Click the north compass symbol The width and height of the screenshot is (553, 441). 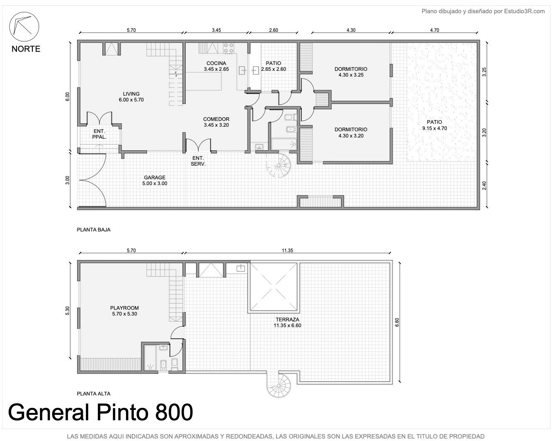point(24,27)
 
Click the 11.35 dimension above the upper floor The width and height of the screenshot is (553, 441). point(287,250)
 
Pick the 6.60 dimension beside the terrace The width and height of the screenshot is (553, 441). point(397,322)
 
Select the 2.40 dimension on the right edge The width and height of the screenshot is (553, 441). point(484,186)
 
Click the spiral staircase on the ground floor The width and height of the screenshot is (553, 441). point(279,166)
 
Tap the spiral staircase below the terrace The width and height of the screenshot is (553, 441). point(279,386)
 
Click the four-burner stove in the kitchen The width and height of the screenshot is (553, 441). point(228,48)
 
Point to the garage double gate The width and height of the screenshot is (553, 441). point(92,180)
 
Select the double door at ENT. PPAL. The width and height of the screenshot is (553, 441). point(99,118)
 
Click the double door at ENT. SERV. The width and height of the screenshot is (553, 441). point(198,145)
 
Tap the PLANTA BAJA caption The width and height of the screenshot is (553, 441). point(94,229)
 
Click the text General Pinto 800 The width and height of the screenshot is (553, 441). point(100,412)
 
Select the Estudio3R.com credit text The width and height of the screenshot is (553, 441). point(483,11)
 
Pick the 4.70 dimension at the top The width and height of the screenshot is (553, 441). point(434,30)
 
